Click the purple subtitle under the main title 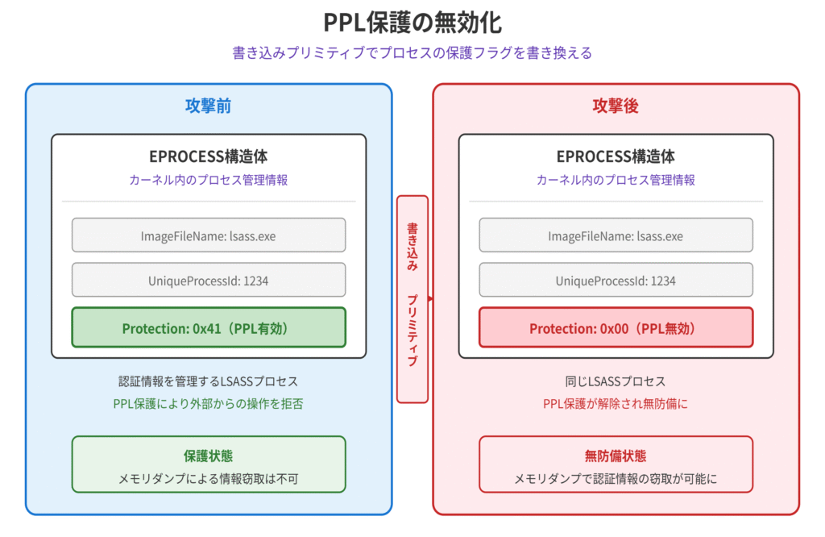412,53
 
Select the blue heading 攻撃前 209,106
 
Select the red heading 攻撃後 616,106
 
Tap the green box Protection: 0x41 209,328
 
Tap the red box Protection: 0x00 616,328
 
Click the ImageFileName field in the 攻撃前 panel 209,236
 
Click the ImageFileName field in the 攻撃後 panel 616,236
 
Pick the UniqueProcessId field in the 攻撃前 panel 209,281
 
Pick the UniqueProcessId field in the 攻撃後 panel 616,281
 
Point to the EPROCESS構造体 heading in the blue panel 209,156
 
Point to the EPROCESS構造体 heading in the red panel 616,156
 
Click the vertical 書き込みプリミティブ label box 412,298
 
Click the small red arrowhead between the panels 431,299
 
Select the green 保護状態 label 209,456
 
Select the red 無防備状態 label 616,456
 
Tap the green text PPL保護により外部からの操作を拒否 209,403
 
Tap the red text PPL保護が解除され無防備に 616,403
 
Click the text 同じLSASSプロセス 616,381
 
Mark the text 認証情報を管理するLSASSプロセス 209,381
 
